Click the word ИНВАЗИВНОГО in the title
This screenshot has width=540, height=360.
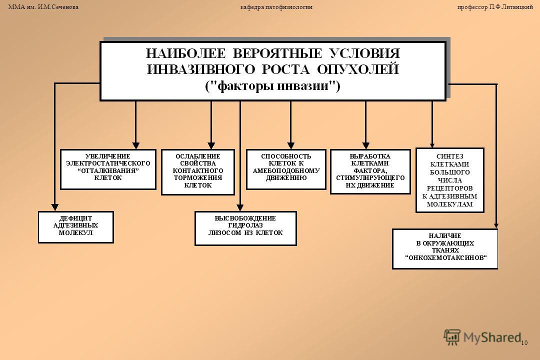(x=201, y=69)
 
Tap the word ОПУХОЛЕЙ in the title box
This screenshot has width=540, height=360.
(x=358, y=69)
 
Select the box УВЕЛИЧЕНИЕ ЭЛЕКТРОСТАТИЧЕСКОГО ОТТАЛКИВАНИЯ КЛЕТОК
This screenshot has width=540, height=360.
(x=108, y=169)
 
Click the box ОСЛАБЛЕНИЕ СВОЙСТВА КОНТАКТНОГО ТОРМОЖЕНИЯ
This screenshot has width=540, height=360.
(x=198, y=172)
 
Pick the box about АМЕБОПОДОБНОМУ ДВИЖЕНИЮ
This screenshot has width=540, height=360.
(x=286, y=169)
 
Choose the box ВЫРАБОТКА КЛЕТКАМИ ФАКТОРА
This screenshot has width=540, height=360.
(x=370, y=171)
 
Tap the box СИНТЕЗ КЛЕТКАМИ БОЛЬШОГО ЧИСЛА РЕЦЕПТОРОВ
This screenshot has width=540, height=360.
(x=450, y=180)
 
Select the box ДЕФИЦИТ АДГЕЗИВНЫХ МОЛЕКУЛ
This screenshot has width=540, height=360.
(x=76, y=227)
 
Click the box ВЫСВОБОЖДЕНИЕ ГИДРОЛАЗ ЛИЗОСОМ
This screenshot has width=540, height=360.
(x=245, y=228)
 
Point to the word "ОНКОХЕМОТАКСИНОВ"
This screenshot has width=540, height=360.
(x=445, y=257)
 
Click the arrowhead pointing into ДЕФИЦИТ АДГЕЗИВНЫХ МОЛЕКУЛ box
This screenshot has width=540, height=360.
(x=55, y=207)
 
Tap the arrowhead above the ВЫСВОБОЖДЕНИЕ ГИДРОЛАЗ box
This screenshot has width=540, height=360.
(x=240, y=207)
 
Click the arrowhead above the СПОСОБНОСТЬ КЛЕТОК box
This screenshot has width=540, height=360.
(x=291, y=145)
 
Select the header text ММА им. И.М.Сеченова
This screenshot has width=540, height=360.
(x=43, y=7)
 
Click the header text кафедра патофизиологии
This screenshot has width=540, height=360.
(x=276, y=7)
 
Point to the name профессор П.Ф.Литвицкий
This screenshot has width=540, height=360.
(x=495, y=7)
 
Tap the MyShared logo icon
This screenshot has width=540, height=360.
(x=452, y=337)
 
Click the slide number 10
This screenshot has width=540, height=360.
(x=524, y=343)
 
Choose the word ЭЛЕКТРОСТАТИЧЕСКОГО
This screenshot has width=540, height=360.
(x=108, y=163)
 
